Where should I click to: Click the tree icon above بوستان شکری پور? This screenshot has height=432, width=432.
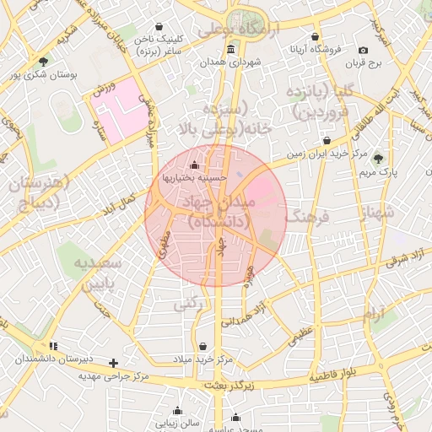point(43,60)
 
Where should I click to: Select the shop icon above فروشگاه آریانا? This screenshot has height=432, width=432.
point(316,37)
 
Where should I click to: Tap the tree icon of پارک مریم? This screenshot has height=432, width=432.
point(377,158)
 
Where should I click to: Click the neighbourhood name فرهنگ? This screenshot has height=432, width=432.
point(310,218)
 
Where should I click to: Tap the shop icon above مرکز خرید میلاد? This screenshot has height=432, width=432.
point(202,346)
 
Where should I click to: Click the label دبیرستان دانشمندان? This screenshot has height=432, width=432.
point(52,359)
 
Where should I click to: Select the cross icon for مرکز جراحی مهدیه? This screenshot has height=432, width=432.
point(114,363)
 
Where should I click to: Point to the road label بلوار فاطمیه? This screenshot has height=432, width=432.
point(340,375)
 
